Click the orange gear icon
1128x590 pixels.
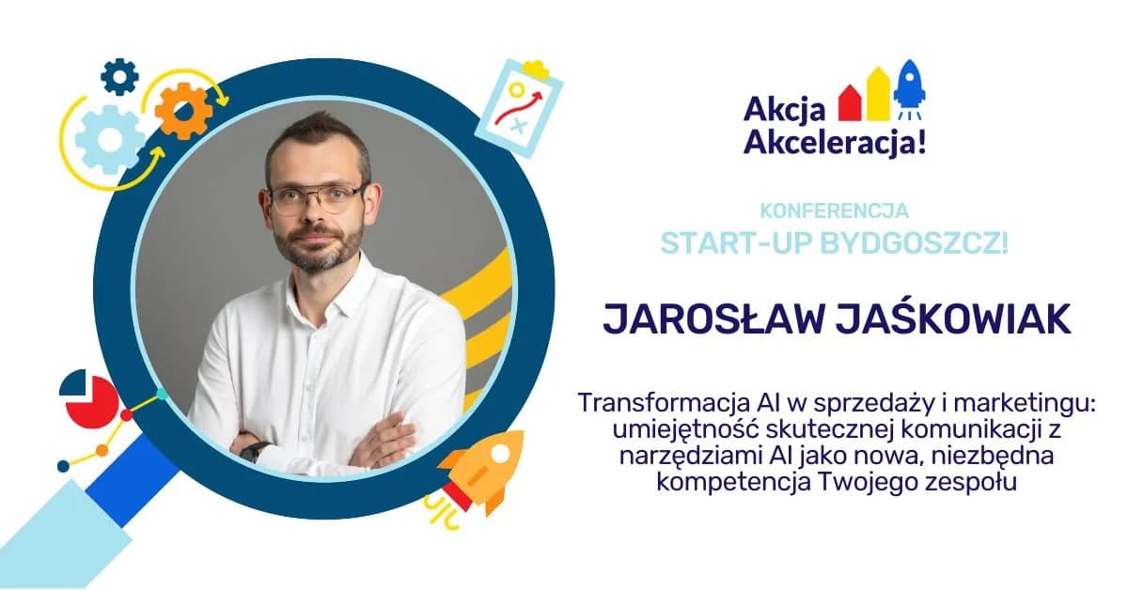pyautogui.click(x=183, y=111)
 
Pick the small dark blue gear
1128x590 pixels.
pyautogui.click(x=119, y=76)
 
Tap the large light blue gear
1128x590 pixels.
pyautogui.click(x=110, y=140)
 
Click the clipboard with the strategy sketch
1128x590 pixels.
pyautogui.click(x=518, y=107)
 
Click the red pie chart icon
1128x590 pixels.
pyautogui.click(x=87, y=400)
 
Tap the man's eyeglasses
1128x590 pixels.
pyautogui.click(x=316, y=197)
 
